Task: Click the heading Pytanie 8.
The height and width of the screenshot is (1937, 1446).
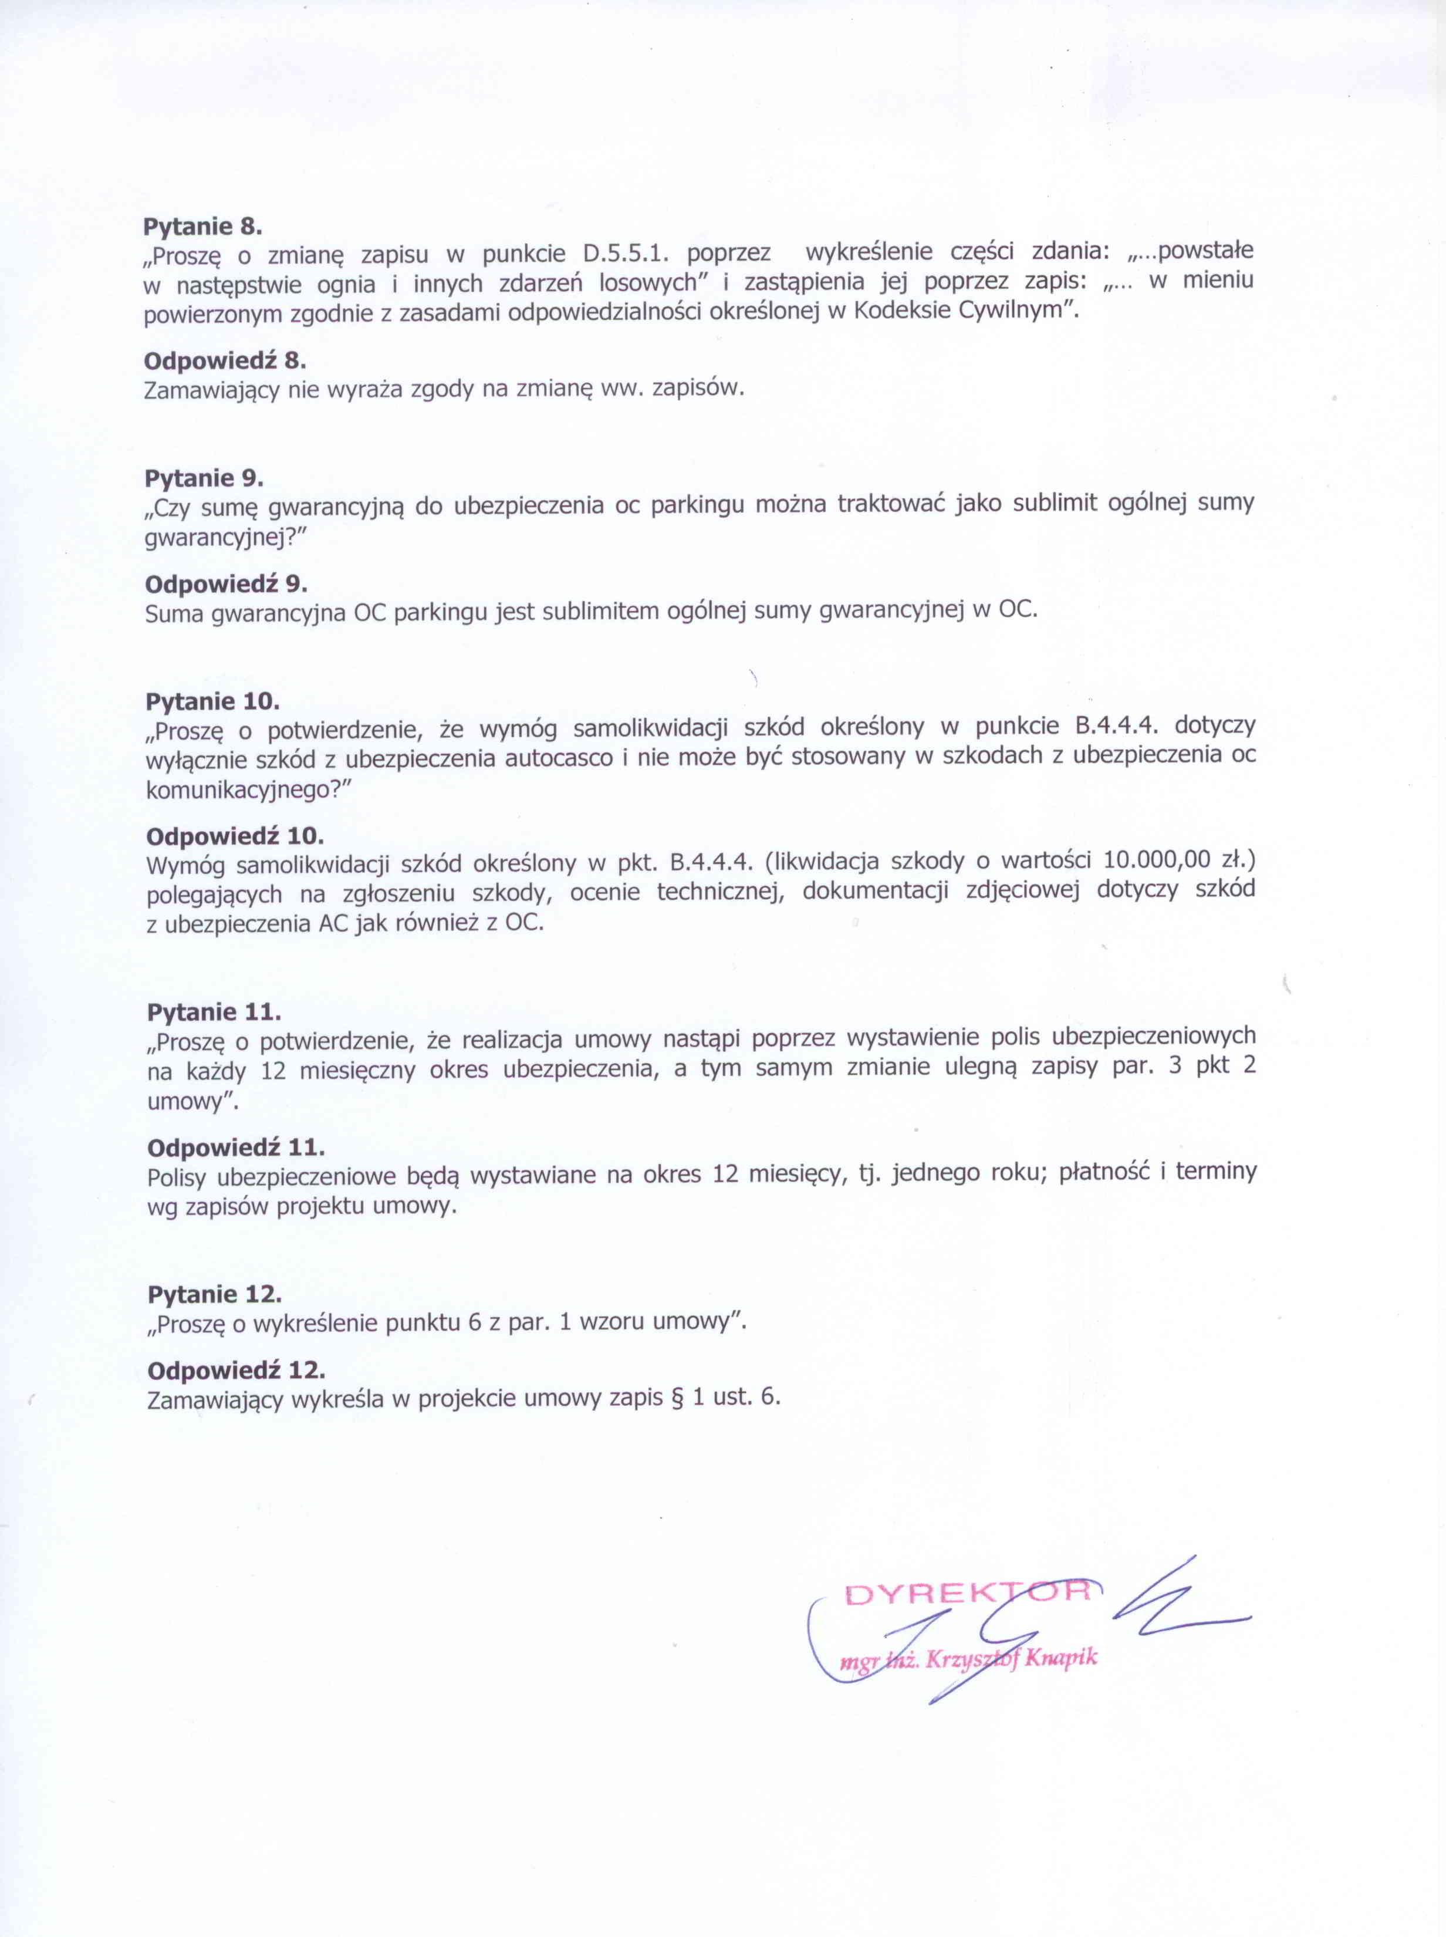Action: coord(203,227)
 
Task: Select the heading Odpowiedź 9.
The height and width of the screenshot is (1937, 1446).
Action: coord(226,584)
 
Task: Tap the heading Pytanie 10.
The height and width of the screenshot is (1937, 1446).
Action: coord(212,702)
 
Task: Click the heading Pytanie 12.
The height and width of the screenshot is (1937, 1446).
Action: coord(214,1294)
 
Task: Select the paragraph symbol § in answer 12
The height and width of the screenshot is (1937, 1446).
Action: coord(675,1398)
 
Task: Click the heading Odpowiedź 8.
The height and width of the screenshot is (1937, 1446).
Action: coord(225,360)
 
